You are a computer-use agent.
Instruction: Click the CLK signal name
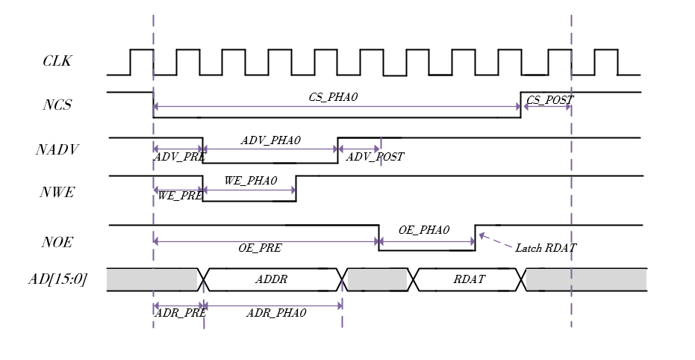tap(57, 60)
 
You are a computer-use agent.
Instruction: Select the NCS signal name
tap(57, 105)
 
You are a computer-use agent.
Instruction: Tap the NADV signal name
tap(57, 149)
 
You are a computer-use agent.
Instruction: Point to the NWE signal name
tap(57, 193)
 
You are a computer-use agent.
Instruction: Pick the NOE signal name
tap(57, 242)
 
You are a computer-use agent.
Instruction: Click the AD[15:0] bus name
tap(57, 279)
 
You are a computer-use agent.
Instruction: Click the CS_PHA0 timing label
tap(333, 97)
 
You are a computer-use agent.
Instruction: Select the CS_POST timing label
tap(549, 100)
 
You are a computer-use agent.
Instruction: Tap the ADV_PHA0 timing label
tap(270, 140)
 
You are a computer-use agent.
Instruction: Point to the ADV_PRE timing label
tap(179, 157)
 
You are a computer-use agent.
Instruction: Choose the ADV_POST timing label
tap(375, 157)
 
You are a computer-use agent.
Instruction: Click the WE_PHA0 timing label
tap(250, 181)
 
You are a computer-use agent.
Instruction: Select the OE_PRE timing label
tap(260, 248)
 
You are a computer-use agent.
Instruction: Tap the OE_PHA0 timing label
tap(424, 229)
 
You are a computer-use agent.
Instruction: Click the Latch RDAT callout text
tap(546, 248)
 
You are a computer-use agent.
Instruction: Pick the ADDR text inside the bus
tap(271, 279)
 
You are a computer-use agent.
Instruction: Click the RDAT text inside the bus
tap(469, 279)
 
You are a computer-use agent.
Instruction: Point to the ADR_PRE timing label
tap(180, 312)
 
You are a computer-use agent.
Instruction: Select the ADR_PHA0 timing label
tap(276, 312)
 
